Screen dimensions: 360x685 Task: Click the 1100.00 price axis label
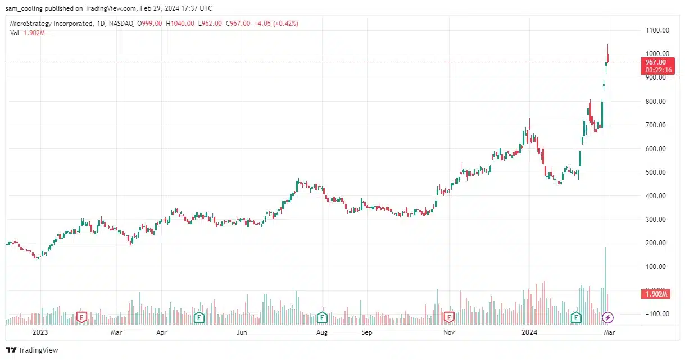656,30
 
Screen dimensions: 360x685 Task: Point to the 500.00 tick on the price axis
656,172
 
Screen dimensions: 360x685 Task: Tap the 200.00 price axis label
656,243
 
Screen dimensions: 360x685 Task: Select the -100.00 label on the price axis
656,314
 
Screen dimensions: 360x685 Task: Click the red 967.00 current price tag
656,62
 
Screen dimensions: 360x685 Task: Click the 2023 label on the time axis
40,332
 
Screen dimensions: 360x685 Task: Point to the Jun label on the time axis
242,332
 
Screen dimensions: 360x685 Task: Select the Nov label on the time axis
448,332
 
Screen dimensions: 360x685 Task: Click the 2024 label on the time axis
529,332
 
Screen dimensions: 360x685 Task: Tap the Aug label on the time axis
322,332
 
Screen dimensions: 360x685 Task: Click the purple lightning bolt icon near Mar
607,318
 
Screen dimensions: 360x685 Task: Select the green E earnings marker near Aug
322,318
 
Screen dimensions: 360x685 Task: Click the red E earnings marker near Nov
448,318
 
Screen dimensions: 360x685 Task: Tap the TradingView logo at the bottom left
32,350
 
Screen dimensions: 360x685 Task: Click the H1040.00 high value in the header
181,24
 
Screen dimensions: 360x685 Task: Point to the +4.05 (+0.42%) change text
276,24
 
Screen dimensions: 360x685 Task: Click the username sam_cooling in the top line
26,8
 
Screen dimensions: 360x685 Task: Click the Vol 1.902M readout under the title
28,33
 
